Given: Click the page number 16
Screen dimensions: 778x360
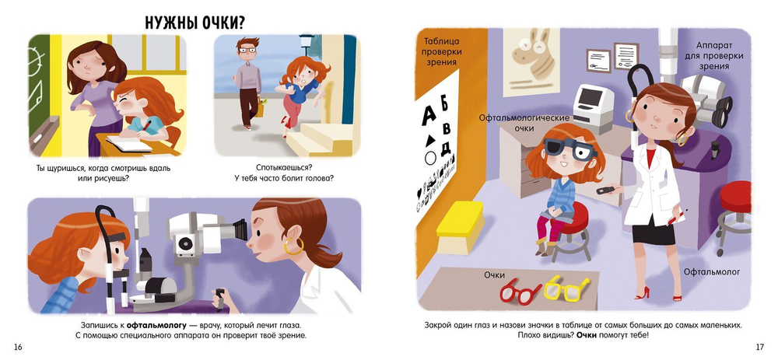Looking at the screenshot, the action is (x=18, y=347).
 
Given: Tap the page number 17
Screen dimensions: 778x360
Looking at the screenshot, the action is (x=759, y=347).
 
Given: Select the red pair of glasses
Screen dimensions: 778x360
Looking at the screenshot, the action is (x=520, y=291).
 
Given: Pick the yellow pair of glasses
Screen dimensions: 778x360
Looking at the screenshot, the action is (x=566, y=288).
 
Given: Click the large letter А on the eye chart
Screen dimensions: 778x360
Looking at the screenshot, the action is (x=429, y=116).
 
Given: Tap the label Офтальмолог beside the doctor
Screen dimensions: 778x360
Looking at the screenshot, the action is (x=712, y=271).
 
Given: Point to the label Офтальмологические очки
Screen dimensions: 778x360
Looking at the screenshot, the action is (x=524, y=123).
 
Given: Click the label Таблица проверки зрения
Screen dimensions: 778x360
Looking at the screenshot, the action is (x=441, y=51).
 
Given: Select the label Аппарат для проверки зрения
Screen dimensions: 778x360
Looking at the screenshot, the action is (x=713, y=55).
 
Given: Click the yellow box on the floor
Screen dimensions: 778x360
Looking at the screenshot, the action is (x=461, y=226).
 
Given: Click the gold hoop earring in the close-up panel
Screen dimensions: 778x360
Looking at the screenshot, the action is (x=293, y=246).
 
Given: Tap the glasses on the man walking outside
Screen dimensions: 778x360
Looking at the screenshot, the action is (x=247, y=50).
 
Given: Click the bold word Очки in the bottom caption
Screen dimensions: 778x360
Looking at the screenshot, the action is (x=586, y=335).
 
